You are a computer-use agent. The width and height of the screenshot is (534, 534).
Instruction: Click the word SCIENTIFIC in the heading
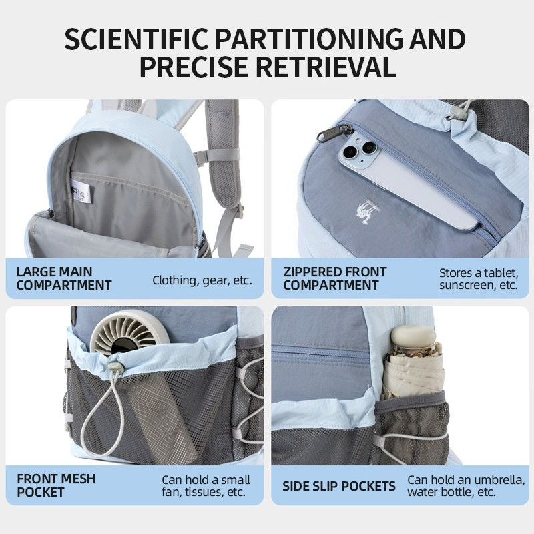pos(137,39)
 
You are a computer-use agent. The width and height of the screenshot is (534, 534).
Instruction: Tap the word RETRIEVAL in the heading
pos(326,67)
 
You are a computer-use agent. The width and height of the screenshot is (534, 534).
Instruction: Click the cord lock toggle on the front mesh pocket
pos(115,368)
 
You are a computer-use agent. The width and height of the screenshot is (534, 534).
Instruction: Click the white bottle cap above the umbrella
pos(413,336)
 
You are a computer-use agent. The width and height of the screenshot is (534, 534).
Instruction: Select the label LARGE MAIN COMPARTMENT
pos(64,278)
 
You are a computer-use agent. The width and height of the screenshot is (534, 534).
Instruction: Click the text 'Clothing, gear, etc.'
pos(202,280)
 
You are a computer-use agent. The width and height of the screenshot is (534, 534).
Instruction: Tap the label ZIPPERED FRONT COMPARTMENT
pos(335,278)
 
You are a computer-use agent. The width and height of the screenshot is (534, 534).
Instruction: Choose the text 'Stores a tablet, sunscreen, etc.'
pos(479,278)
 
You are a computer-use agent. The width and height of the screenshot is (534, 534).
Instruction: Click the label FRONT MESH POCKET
pos(56,485)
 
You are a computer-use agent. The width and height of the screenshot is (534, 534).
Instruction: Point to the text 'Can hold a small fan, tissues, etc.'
pos(206,486)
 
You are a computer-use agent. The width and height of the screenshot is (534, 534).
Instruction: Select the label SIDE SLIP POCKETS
pos(339,486)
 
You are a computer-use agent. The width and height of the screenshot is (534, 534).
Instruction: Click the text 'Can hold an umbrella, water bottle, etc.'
pos(466,486)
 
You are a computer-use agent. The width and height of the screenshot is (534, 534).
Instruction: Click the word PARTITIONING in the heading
pos(309,39)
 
